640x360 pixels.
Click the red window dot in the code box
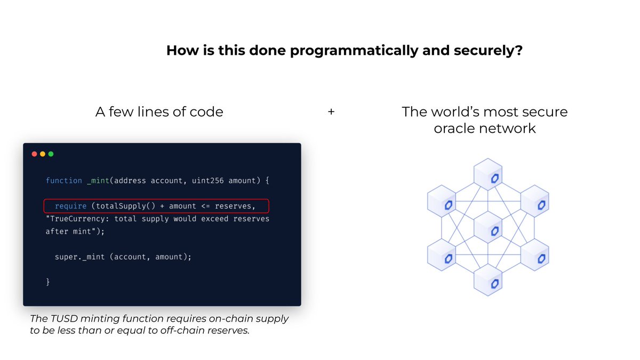tap(35, 154)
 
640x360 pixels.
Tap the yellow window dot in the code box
tap(43, 154)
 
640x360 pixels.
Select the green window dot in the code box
tap(51, 154)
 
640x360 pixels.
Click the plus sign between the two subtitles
tap(331, 113)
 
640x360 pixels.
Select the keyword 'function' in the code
tap(63, 181)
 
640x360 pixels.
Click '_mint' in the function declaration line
tap(97, 181)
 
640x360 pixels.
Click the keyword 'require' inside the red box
tap(70, 206)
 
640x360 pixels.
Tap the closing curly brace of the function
tap(48, 282)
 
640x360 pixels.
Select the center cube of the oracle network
tap(489, 227)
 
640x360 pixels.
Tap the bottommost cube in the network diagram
tap(489, 279)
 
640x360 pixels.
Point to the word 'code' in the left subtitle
tap(206, 112)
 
